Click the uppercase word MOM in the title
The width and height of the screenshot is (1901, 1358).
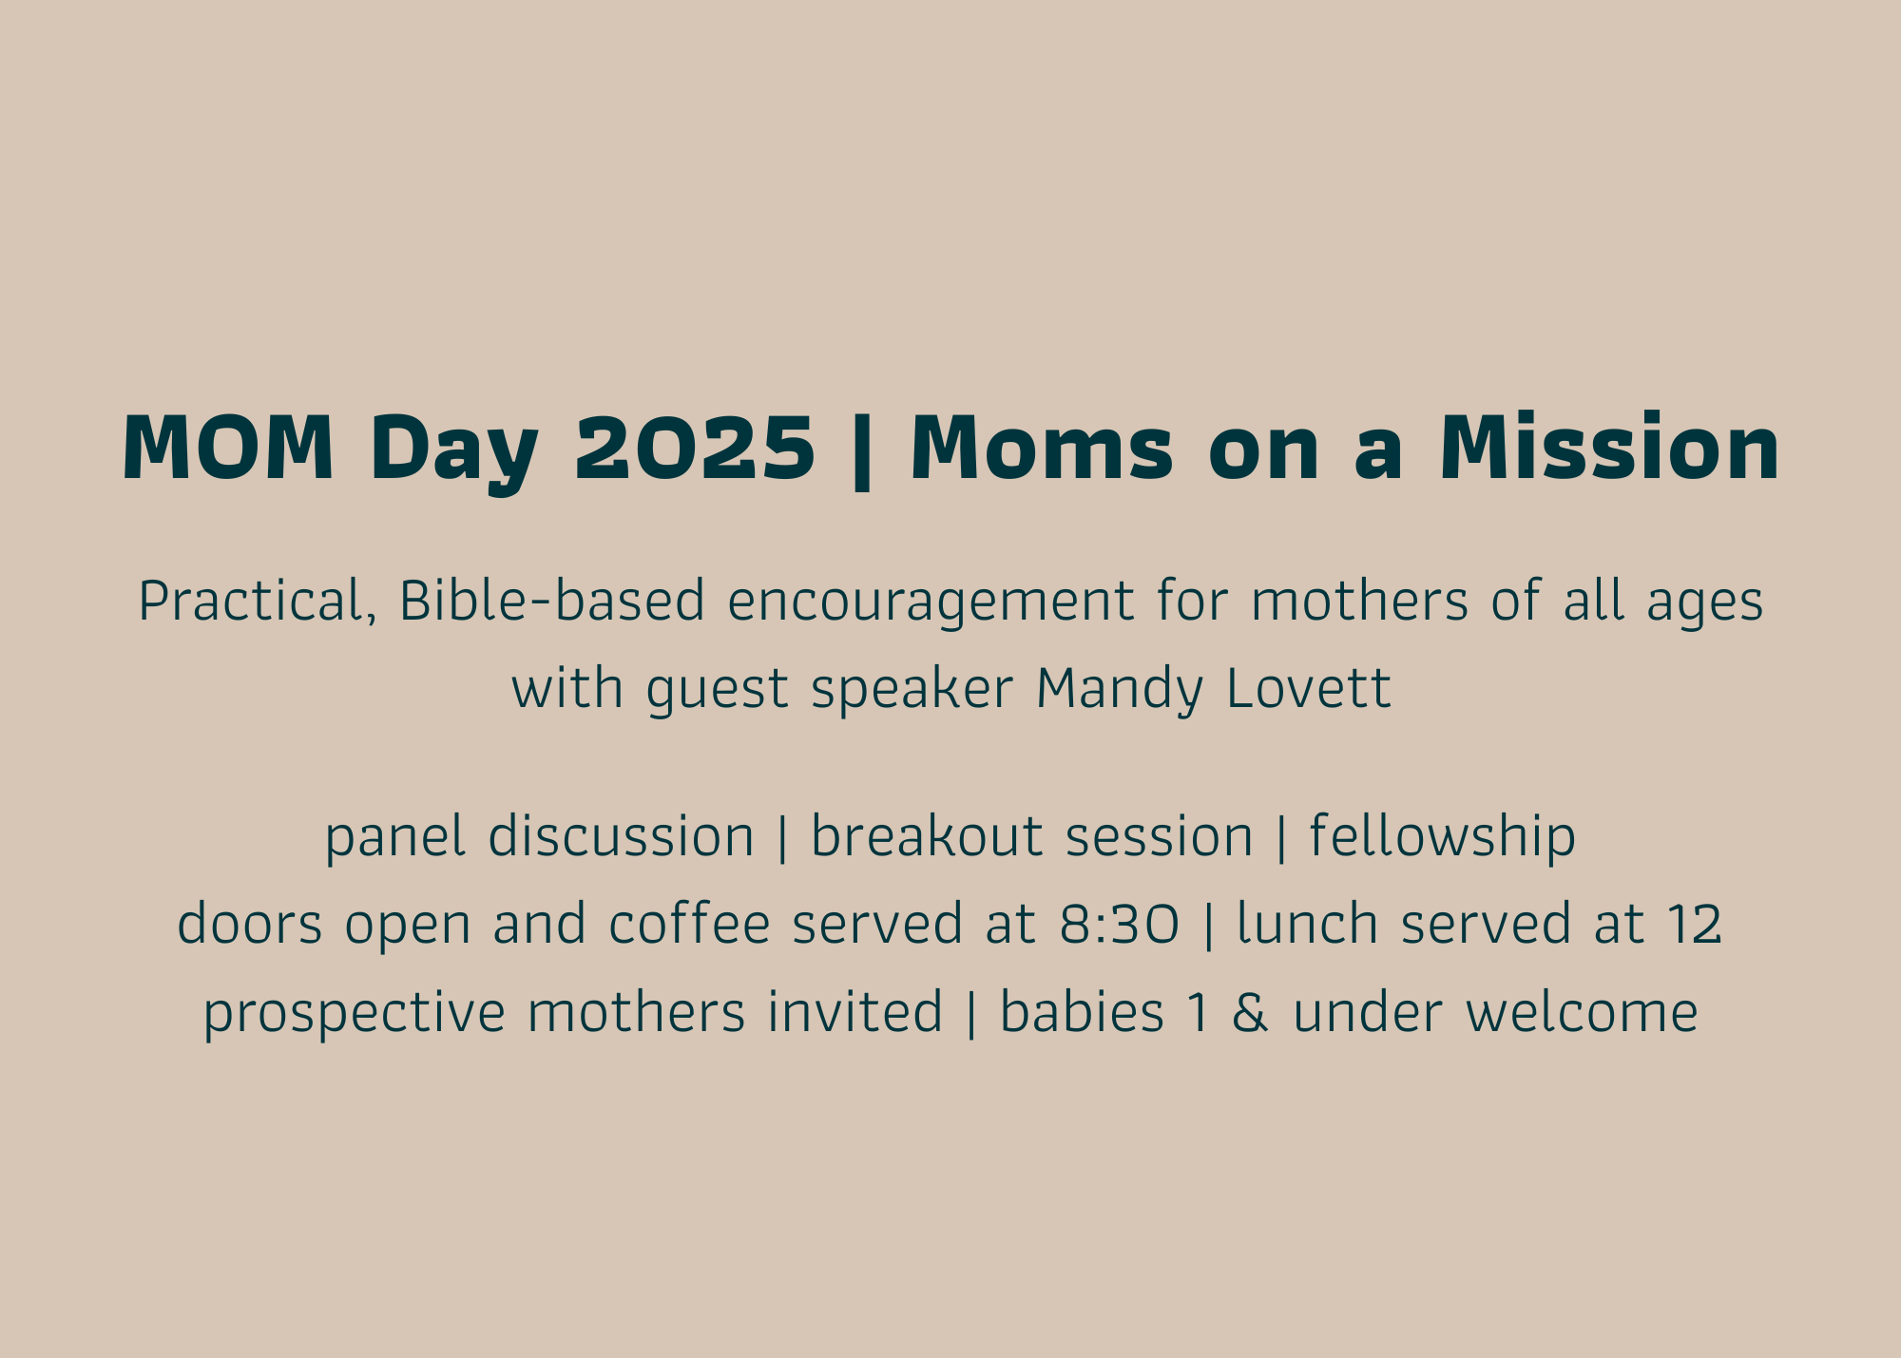[228, 448]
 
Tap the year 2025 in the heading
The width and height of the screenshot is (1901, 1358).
[695, 448]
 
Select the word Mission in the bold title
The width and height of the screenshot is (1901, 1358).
[1609, 447]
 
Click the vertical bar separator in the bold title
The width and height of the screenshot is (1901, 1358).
[862, 450]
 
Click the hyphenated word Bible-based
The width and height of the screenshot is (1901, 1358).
[552, 601]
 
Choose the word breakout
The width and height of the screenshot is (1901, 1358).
[927, 836]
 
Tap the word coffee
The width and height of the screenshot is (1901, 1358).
[689, 924]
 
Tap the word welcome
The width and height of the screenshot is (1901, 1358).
[1582, 1011]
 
